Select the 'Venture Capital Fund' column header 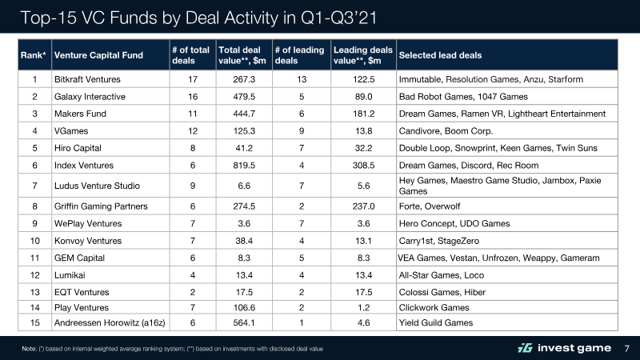click(x=98, y=55)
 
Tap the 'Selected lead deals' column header click(x=440, y=55)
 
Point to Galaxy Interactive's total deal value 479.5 click(x=244, y=97)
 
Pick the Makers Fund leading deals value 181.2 click(x=364, y=114)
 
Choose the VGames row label click(x=71, y=131)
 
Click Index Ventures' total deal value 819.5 click(x=244, y=166)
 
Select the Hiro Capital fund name click(x=78, y=148)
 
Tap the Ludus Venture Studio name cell click(x=97, y=186)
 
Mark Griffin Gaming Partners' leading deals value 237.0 click(x=364, y=206)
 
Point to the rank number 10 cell click(x=34, y=241)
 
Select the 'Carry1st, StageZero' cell click(x=438, y=241)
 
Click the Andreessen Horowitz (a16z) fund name click(x=110, y=323)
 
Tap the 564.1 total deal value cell click(x=244, y=323)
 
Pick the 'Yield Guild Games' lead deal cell click(x=436, y=323)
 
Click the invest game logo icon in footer click(x=526, y=348)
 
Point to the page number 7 click(x=627, y=349)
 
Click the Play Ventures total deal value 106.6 click(x=244, y=308)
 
